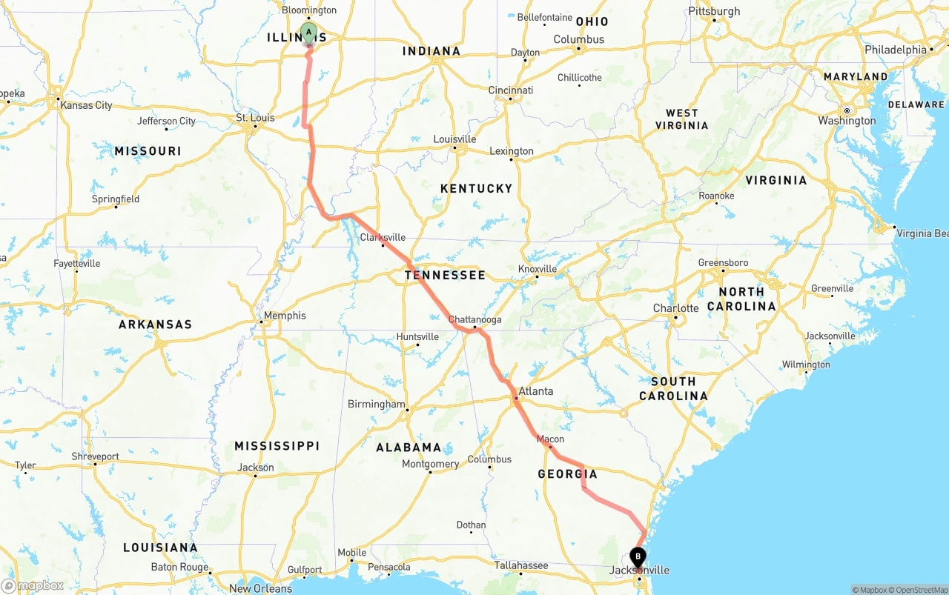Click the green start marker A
point(308,33)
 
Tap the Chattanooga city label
point(474,319)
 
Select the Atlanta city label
point(535,391)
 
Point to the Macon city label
point(550,439)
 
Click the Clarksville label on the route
point(383,237)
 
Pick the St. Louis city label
point(255,118)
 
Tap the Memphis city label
point(285,316)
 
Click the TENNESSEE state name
point(445,275)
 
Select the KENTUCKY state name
point(476,188)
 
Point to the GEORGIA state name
point(567,474)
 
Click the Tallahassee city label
point(521,565)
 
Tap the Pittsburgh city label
point(714,11)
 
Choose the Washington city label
point(847,121)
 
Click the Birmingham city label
point(377,405)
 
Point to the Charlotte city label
point(675,308)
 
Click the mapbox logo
point(33,585)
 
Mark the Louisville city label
point(454,139)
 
